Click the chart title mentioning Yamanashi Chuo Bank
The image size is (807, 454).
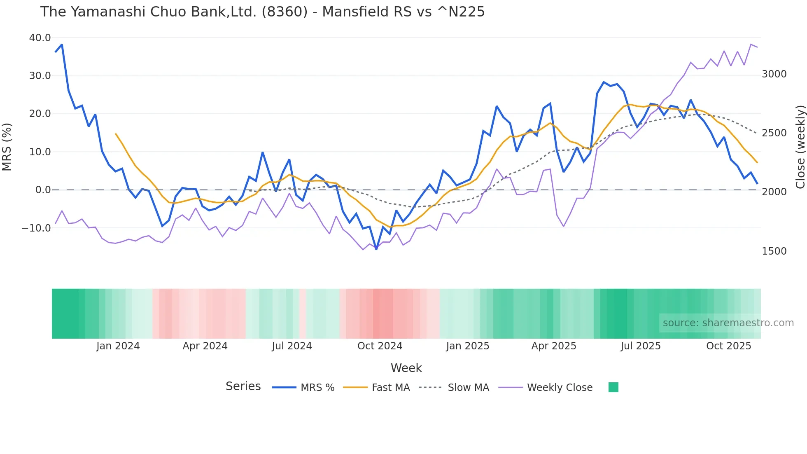[x=262, y=12]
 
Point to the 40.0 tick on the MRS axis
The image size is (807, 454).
[x=40, y=38]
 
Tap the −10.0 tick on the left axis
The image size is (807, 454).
[x=36, y=228]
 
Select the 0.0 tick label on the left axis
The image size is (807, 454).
[x=43, y=190]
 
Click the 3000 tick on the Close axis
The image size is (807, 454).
[x=774, y=74]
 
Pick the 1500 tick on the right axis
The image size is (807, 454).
[x=774, y=251]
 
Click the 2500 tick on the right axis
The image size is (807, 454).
[x=774, y=133]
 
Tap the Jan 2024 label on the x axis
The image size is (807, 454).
[x=118, y=346]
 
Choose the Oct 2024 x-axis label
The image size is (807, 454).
[x=380, y=346]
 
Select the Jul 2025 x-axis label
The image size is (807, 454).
[x=640, y=346]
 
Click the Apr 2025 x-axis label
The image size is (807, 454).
[x=553, y=346]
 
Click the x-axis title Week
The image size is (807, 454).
[x=406, y=368]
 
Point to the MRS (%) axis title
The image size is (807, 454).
[x=7, y=147]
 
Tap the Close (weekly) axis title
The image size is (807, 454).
[x=800, y=147]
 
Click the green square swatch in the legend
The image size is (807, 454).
[x=613, y=387]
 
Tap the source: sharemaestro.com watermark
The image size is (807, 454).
[x=728, y=323]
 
